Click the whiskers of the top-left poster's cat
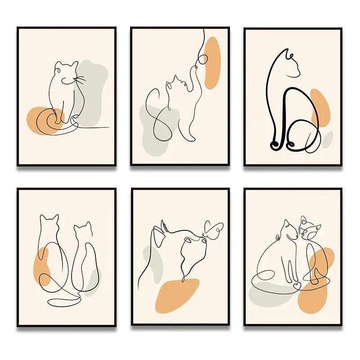(80, 81)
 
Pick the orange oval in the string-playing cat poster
(212, 63)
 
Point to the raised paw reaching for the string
(196, 67)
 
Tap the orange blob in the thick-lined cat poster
(320, 108)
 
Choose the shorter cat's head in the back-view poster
(82, 229)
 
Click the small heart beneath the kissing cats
(296, 285)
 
